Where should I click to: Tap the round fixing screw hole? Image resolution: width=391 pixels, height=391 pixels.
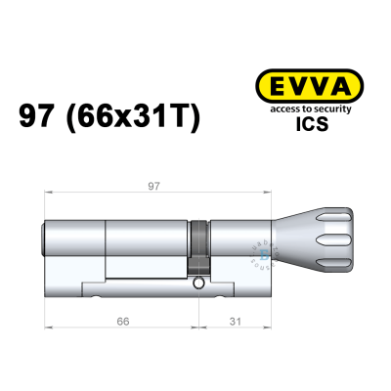198,284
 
